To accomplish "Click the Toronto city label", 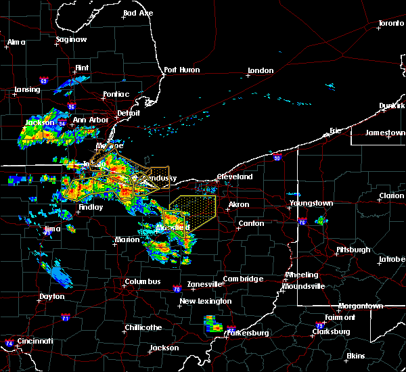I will (x=390, y=24).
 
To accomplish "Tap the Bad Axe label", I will (x=138, y=14).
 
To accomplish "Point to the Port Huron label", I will (x=180, y=70).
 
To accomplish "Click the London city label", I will (x=261, y=70).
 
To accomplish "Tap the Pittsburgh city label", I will (x=353, y=250).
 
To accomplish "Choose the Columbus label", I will (x=142, y=281).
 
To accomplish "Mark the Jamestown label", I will (x=385, y=133).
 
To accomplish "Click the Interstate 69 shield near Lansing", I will (x=43, y=81).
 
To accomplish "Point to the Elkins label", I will (x=355, y=356).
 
